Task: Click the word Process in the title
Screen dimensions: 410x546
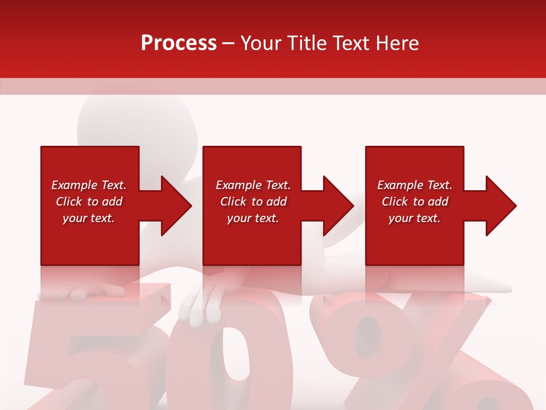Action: click(x=179, y=43)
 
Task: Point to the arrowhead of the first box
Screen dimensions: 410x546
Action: click(x=173, y=206)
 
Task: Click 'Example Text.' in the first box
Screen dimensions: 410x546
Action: click(x=89, y=185)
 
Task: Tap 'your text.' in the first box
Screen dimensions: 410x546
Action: click(x=89, y=218)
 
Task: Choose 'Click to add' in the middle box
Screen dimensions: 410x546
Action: click(x=253, y=202)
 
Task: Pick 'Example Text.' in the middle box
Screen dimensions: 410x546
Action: click(x=253, y=185)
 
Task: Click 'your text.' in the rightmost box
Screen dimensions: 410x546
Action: click(x=415, y=218)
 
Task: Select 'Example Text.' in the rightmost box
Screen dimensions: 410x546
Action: click(x=415, y=185)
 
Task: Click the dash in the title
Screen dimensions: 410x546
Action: click(x=228, y=44)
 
